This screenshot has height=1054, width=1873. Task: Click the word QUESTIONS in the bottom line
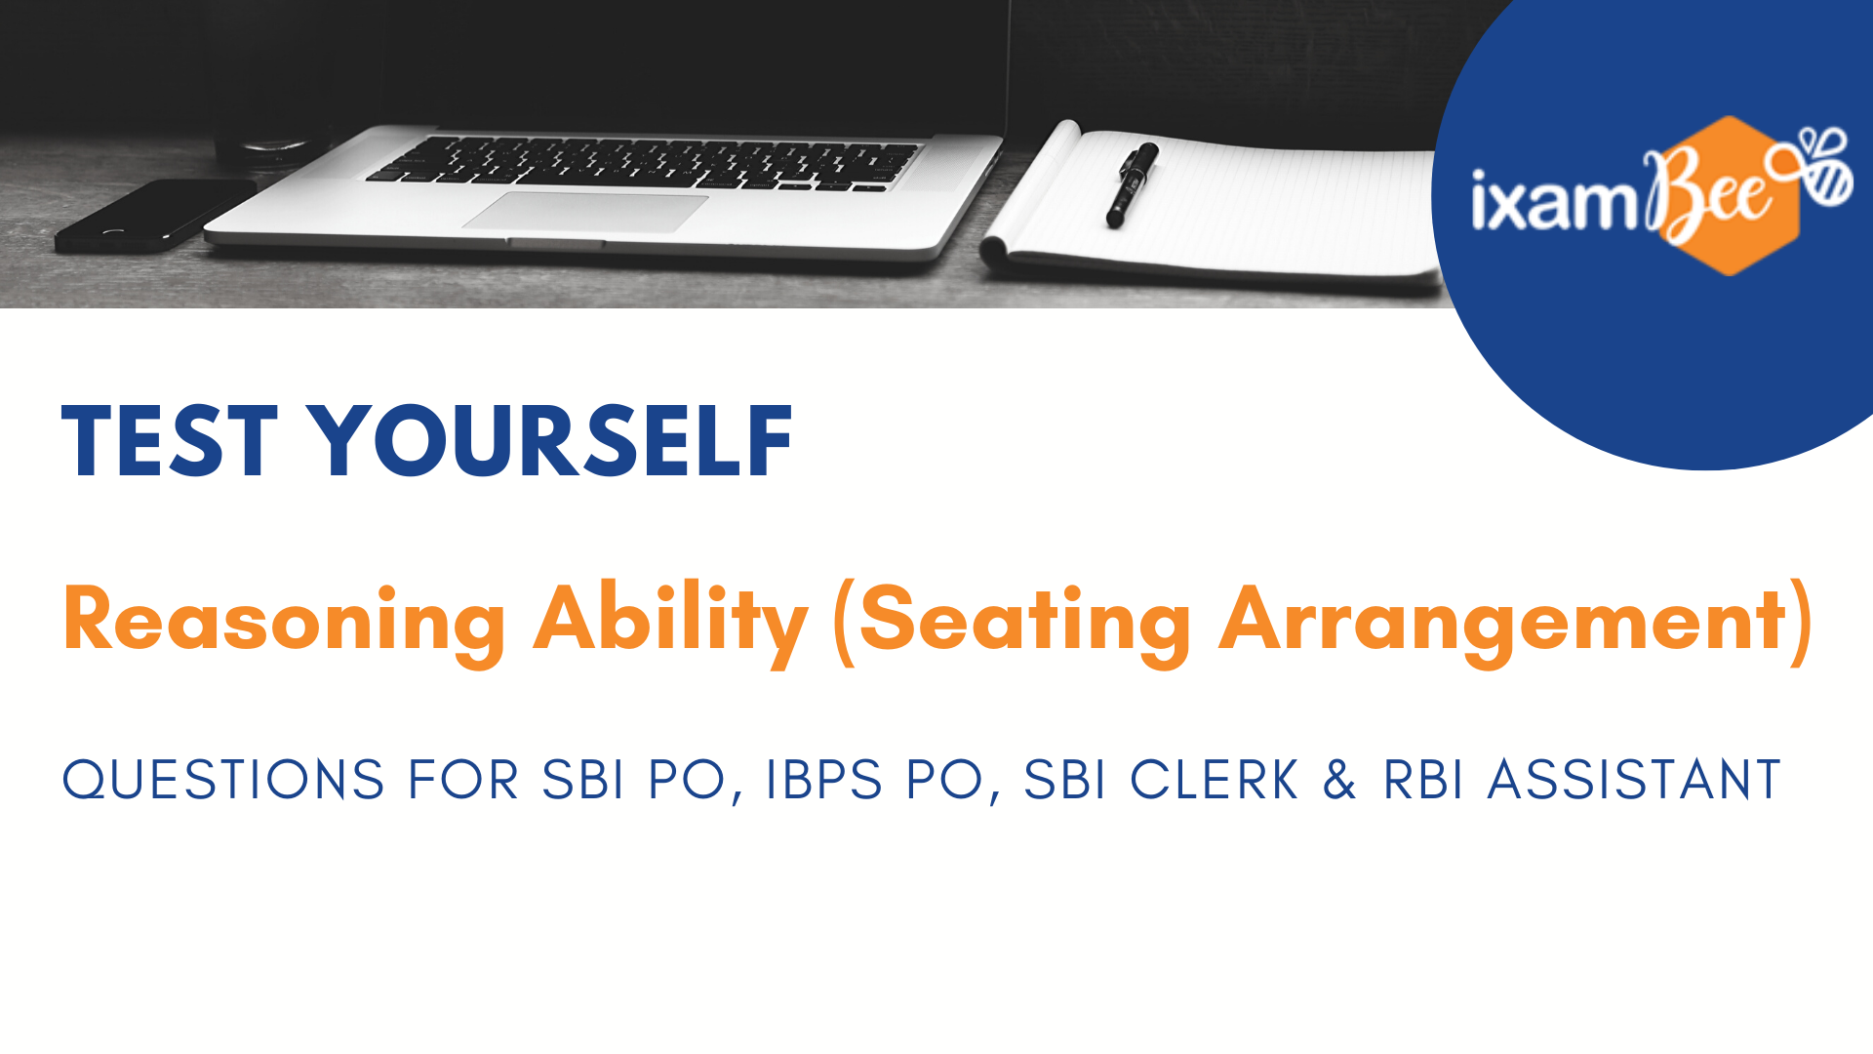click(x=223, y=781)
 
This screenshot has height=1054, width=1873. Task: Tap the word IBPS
click(x=824, y=780)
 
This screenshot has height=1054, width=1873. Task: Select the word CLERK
click(x=1215, y=780)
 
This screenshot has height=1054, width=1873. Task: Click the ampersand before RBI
click(x=1340, y=780)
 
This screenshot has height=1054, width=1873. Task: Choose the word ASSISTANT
click(x=1634, y=780)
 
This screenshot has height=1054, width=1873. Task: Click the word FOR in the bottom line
click(x=463, y=780)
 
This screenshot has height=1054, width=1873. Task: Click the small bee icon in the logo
click(x=1815, y=165)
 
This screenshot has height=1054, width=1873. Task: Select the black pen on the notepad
click(x=1132, y=184)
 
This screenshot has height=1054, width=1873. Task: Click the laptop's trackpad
click(x=585, y=212)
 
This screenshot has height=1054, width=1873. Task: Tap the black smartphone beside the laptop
click(x=156, y=215)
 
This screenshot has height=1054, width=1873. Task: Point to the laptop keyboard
click(x=644, y=162)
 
